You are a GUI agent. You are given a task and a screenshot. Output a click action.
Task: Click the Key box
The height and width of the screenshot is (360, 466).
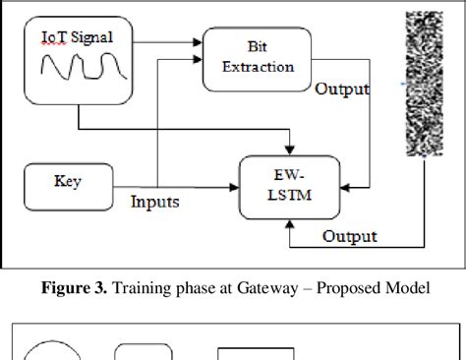coord(68,181)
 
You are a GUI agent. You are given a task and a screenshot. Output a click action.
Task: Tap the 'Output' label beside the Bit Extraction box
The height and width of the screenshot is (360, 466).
coord(341,90)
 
